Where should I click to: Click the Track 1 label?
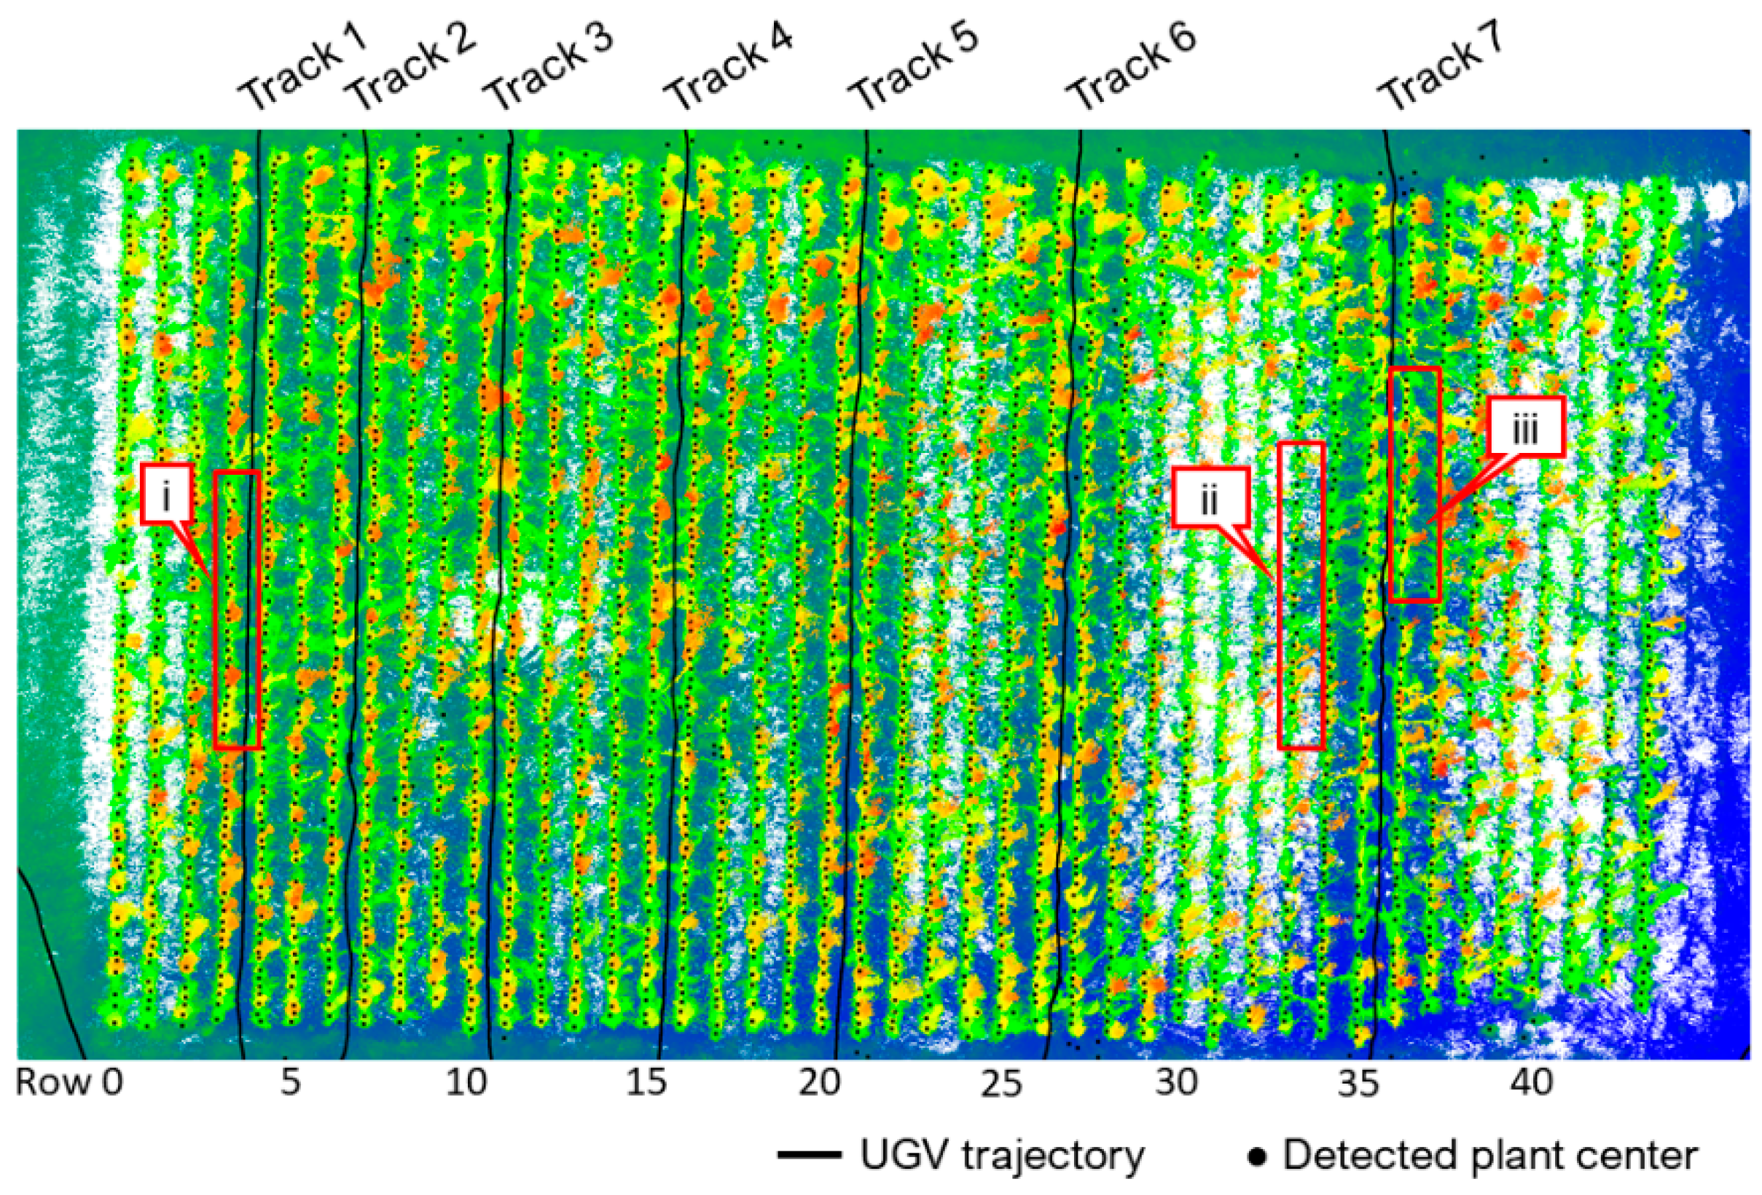pos(303,66)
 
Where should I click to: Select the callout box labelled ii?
pos(1210,498)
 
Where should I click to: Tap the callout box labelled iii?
pos(1525,427)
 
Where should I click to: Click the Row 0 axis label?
pos(70,1082)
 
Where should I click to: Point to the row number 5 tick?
pos(290,1082)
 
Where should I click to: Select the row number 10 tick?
pos(466,1082)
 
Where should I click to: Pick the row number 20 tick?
pos(820,1082)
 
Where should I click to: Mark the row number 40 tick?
pos(1532,1082)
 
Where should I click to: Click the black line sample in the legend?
pos(809,1156)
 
